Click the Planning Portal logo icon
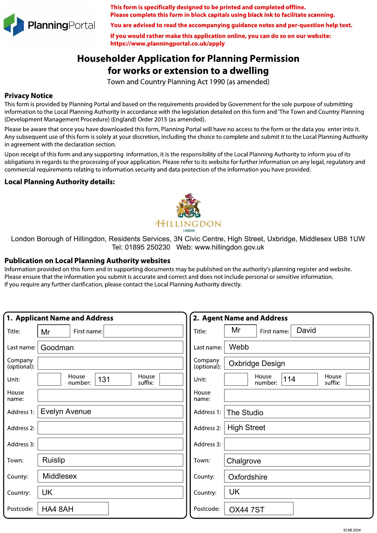(14, 25)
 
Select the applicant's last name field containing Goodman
(110, 347)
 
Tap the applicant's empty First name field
(143, 331)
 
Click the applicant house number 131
(113, 379)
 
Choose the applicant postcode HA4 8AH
(73, 509)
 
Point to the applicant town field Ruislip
(110, 460)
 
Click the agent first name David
(330, 331)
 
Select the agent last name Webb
(297, 347)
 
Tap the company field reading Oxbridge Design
(297, 363)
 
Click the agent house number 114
(299, 379)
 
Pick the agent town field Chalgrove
(297, 460)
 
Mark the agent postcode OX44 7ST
(259, 509)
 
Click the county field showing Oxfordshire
(297, 477)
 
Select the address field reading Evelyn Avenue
(110, 412)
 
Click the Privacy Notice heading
(29, 96)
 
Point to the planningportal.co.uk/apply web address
(167, 43)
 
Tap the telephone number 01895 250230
(147, 247)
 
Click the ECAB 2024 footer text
(352, 530)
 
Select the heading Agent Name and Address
(245, 318)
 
